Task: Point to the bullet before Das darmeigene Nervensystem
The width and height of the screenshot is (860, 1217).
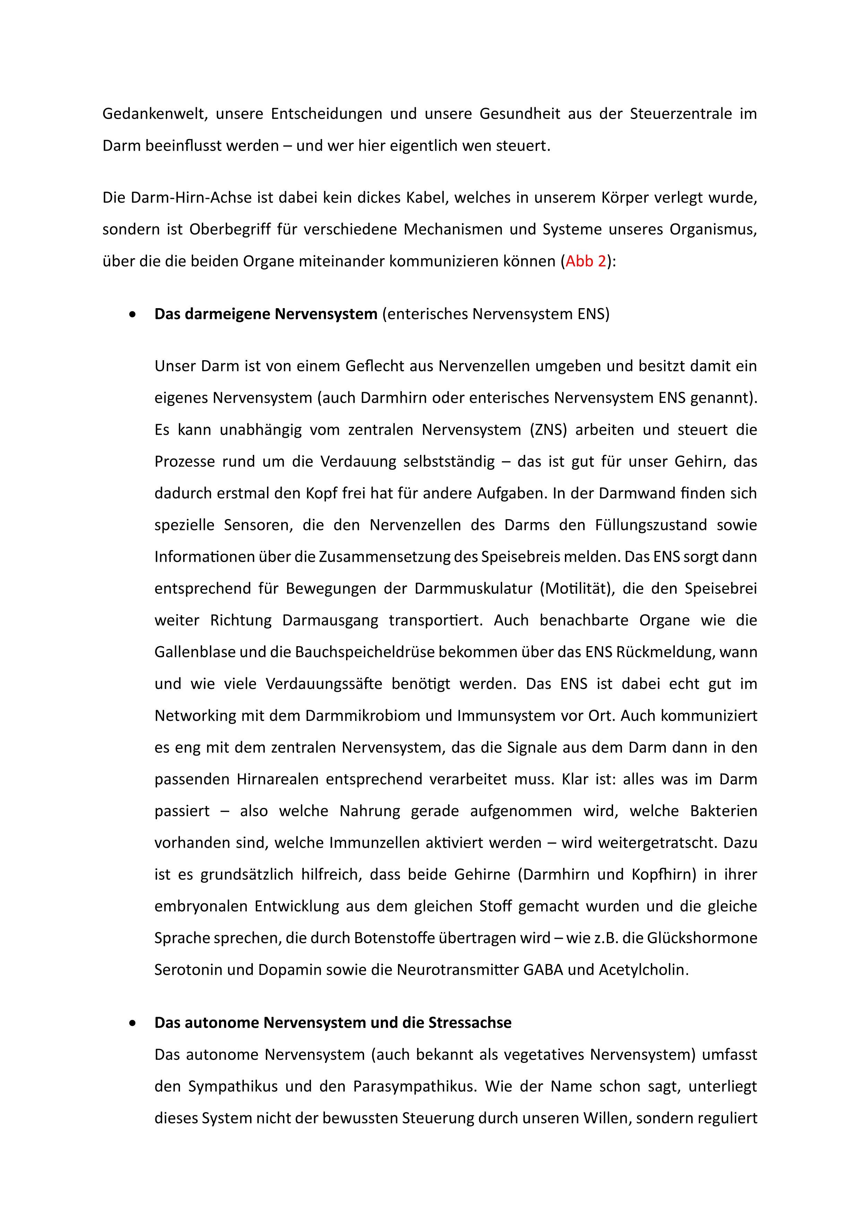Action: (x=132, y=315)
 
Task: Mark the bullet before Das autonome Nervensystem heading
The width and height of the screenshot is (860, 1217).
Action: (x=132, y=1023)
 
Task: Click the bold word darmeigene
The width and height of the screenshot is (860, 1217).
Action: (x=228, y=314)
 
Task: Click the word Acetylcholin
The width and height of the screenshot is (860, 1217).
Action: (x=643, y=970)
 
